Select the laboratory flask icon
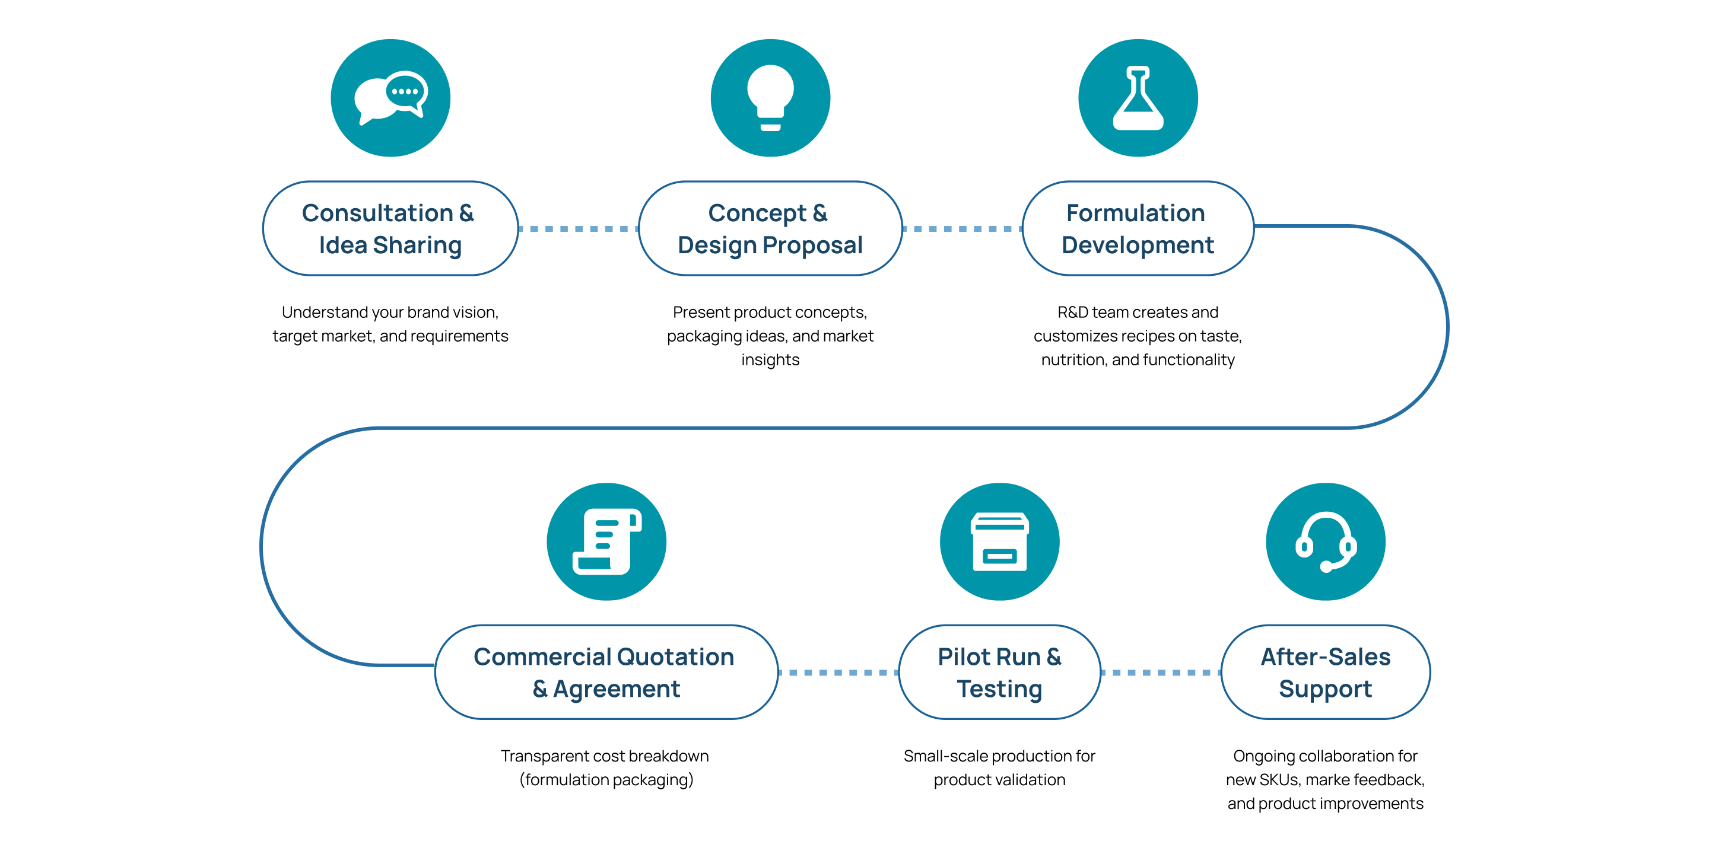pyautogui.click(x=1138, y=98)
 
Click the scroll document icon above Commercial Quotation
pyautogui.click(x=606, y=541)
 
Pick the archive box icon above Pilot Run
pyautogui.click(x=999, y=541)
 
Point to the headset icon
pyautogui.click(x=1326, y=541)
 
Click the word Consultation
pyautogui.click(x=377, y=213)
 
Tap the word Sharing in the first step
pyautogui.click(x=417, y=246)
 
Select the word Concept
pyautogui.click(x=757, y=213)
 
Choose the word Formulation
pyautogui.click(x=1135, y=213)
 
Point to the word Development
pyautogui.click(x=1137, y=246)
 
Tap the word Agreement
pyautogui.click(x=617, y=689)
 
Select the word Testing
pyautogui.click(x=999, y=689)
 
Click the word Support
pyautogui.click(x=1325, y=689)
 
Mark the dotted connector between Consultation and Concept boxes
pyautogui.click(x=578, y=229)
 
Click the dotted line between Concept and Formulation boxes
pyautogui.click(x=962, y=229)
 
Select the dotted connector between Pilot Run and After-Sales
pyautogui.click(x=1160, y=673)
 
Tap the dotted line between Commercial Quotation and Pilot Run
pyautogui.click(x=838, y=673)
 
